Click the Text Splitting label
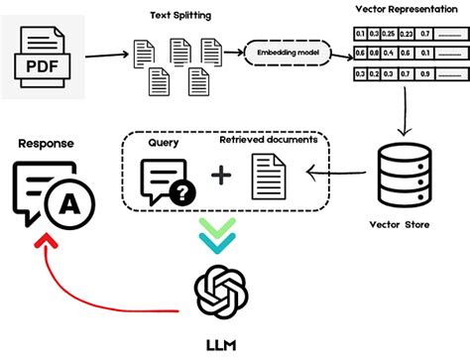179,15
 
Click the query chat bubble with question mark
163,181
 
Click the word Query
164,141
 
